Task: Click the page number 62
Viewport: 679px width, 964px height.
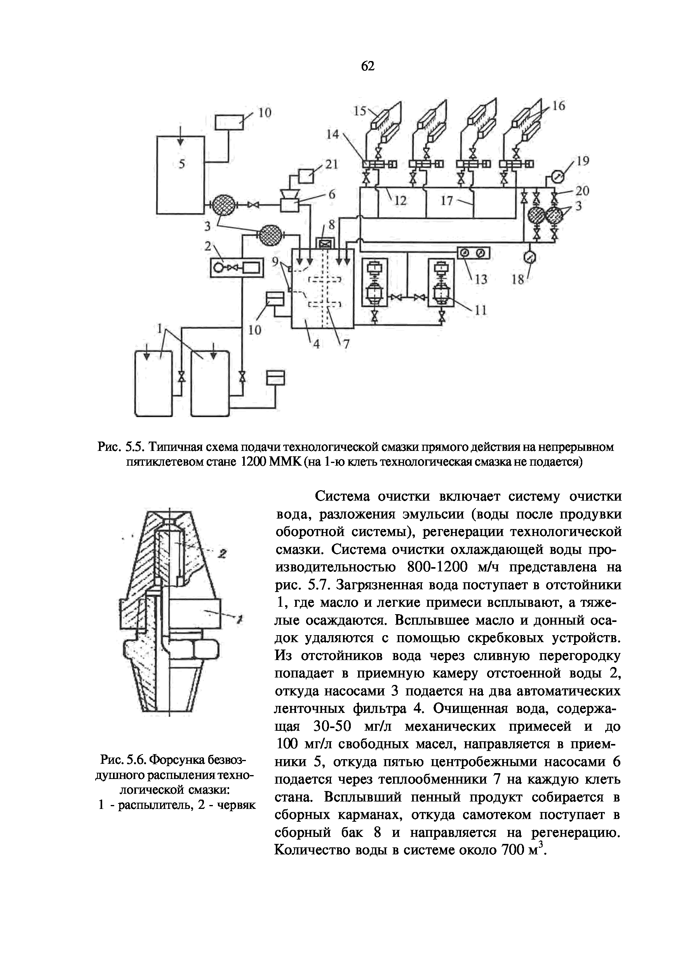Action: point(367,66)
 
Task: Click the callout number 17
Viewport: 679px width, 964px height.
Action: point(447,201)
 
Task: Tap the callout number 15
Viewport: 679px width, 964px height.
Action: point(360,111)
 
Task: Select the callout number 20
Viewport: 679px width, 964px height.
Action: point(582,191)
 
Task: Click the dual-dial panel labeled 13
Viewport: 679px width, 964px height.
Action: point(472,253)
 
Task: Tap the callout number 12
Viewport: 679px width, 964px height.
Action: point(401,201)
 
